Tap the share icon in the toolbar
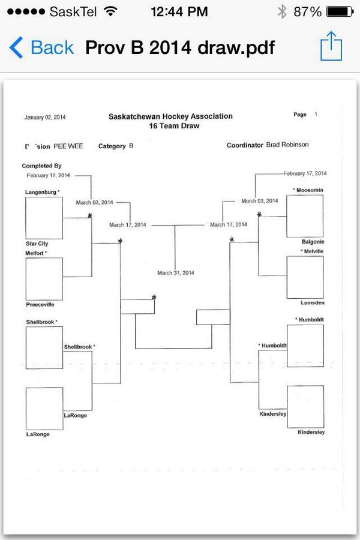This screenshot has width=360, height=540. [331, 47]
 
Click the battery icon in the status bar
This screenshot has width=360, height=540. [340, 11]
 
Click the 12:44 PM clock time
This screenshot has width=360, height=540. [179, 11]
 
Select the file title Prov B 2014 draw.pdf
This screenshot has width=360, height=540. [180, 47]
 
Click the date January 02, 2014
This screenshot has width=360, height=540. [45, 117]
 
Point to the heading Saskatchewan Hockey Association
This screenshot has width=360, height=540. [170, 116]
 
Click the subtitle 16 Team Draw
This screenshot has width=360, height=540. [174, 126]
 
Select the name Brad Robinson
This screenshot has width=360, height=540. [287, 145]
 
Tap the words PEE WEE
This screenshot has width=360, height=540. [68, 146]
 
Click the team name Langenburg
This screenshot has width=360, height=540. [41, 192]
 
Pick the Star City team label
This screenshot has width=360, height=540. [37, 244]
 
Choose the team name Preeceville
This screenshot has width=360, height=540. [40, 304]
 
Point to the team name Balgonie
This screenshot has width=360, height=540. [313, 242]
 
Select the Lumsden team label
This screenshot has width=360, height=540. [313, 303]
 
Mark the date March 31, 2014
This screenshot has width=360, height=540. [176, 273]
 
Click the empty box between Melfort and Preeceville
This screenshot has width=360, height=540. [44, 279]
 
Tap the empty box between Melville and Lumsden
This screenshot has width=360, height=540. [305, 277]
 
